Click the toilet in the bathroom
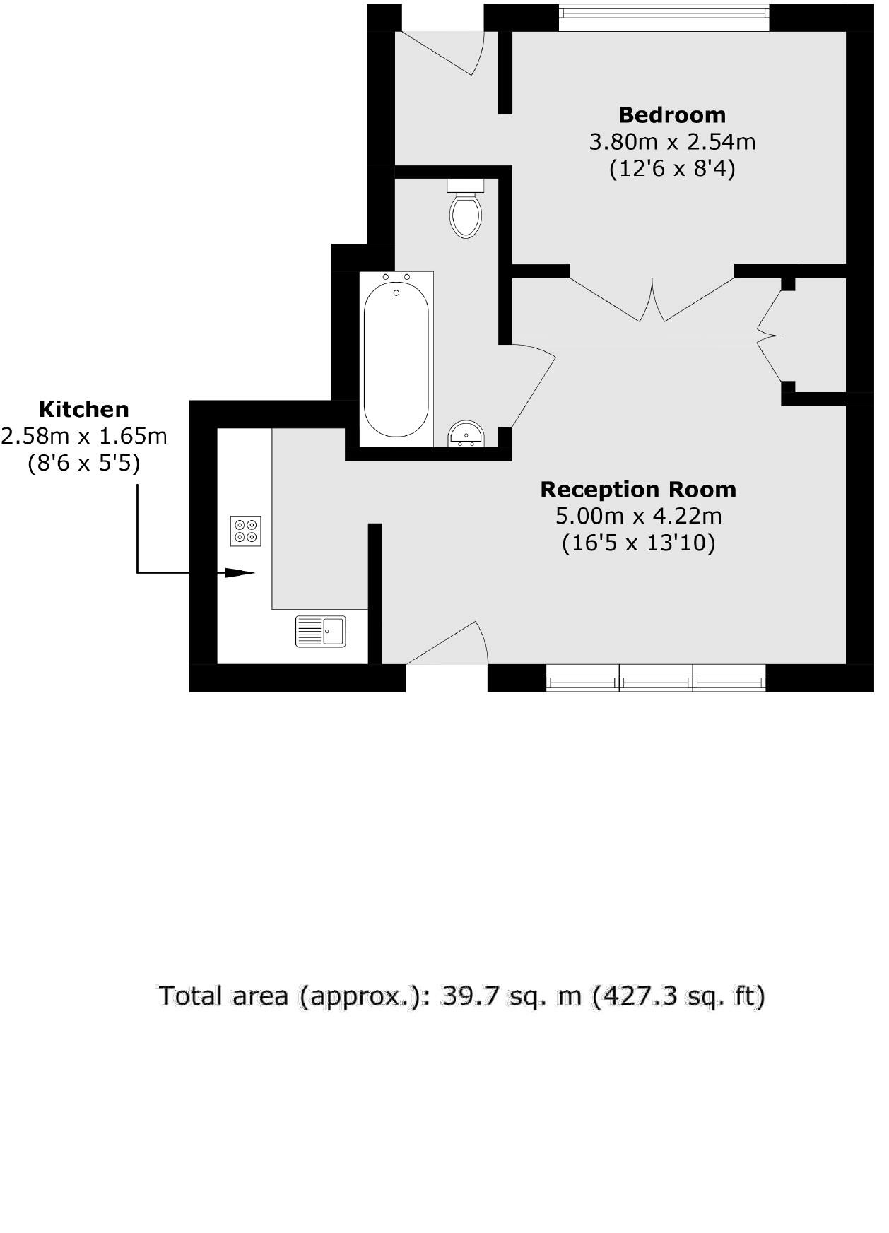(466, 210)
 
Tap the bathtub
(396, 359)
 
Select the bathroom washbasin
(466, 433)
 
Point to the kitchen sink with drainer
(321, 631)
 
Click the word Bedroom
(671, 114)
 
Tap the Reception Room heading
(637, 489)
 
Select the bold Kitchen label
(83, 409)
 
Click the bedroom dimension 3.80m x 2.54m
(671, 142)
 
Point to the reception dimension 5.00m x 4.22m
(637, 516)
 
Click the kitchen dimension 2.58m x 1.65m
(83, 436)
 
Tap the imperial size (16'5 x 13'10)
(637, 543)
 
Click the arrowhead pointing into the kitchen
(240, 573)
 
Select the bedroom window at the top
(663, 18)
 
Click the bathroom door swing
(531, 385)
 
